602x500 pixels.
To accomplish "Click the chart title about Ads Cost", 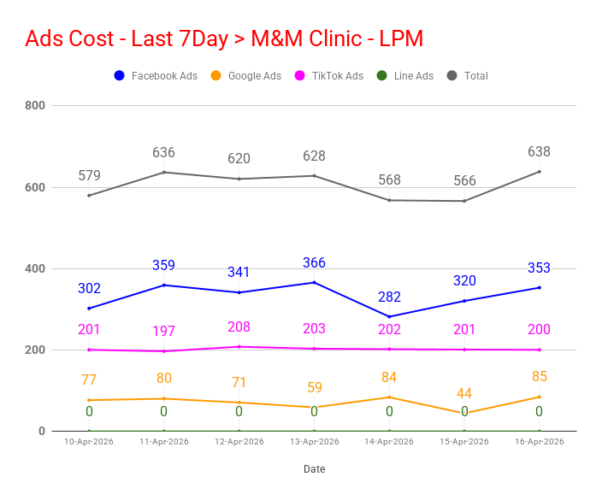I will coord(224,38).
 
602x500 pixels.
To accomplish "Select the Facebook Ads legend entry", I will coord(156,76).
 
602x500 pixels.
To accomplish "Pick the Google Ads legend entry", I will coord(246,76).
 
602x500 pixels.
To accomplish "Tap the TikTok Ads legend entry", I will coord(329,76).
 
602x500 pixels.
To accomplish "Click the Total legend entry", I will coord(468,76).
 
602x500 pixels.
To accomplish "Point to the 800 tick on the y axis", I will coord(35,106).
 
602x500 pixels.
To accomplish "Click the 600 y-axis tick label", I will coord(35,187).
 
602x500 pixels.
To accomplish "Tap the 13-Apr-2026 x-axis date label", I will coord(314,442).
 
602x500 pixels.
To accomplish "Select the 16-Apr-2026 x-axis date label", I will coord(539,442).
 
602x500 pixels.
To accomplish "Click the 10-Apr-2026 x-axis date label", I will coord(89,442).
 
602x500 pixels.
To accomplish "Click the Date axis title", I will coord(314,469).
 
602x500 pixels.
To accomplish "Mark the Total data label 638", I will coord(539,152).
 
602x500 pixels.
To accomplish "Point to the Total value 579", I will coord(89,176).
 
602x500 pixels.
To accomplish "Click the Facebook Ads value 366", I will coord(314,263).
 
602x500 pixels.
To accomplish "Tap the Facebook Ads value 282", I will coord(389,297).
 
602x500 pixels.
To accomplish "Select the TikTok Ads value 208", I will coord(239,327).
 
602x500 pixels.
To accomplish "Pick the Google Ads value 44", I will coord(464,394).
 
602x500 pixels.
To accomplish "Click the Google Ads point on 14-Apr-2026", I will coord(389,397).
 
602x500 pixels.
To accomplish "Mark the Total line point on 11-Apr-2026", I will coord(164,173).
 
